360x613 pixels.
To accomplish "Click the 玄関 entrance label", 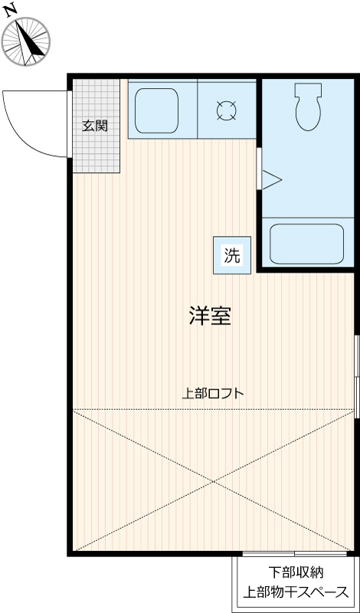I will pos(95,126).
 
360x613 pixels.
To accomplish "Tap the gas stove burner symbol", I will pos(226,110).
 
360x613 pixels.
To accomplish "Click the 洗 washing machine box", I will pos(231,256).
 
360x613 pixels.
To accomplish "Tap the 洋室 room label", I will pos(210,316).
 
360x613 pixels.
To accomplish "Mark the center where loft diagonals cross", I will pos(214,480).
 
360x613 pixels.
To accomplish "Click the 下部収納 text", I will pos(295,572).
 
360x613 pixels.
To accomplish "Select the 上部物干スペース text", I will pos(295,592).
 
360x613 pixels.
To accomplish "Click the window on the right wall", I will pos(356,375).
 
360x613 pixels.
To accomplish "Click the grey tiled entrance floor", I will pos(97,153).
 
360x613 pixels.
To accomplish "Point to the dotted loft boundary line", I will pos(153,409).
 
